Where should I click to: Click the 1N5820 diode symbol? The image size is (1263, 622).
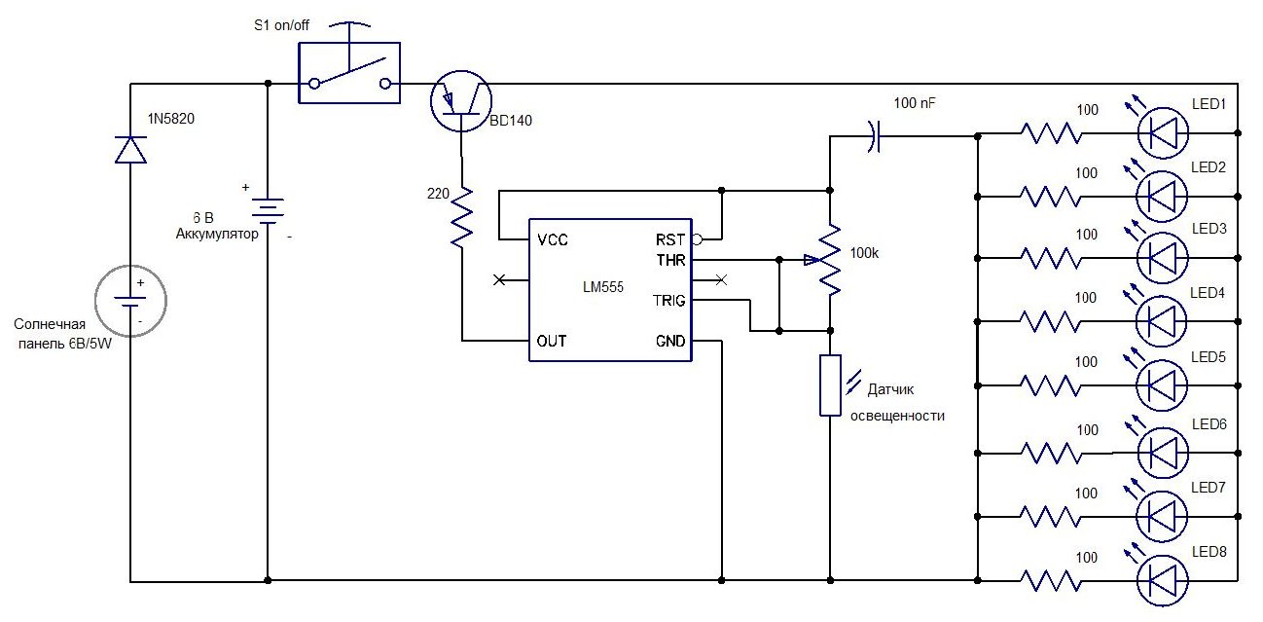130,149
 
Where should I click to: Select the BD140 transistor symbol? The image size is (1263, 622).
462,100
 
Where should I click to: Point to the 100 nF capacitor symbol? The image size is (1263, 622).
874,137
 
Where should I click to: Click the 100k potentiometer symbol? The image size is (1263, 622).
830,261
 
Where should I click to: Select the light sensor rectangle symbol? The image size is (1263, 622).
829,385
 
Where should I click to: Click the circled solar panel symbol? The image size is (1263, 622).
130,301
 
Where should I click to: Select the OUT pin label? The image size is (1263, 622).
551,342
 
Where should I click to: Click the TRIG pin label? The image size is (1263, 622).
668,301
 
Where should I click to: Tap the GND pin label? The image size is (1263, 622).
669,342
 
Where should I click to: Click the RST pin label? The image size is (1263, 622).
670,238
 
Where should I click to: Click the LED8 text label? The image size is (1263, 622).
1209,552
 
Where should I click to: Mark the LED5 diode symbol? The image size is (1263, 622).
1164,384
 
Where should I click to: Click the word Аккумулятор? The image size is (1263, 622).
217,234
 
